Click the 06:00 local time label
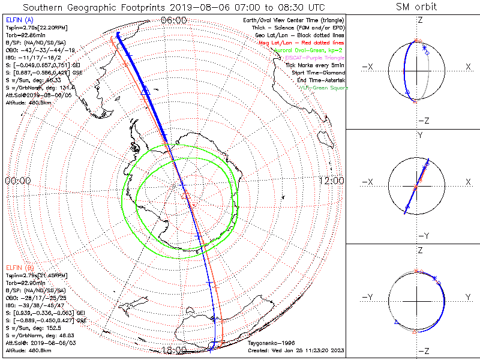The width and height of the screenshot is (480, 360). coord(174,20)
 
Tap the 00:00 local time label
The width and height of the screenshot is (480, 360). coord(17,181)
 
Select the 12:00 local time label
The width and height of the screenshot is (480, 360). coord(331,181)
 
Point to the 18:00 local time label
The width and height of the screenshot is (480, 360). coord(174,350)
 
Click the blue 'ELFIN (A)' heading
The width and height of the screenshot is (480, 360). coord(18,20)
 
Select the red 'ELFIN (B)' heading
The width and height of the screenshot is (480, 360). coord(18,267)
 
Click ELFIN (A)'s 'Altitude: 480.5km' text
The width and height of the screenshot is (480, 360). coord(28,102)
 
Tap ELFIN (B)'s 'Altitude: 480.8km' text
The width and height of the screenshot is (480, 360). coord(28,349)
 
